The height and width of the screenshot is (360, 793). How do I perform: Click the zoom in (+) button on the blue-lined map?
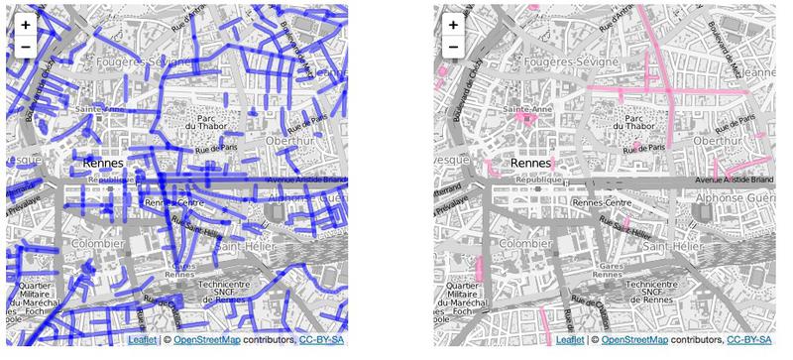(x=25, y=25)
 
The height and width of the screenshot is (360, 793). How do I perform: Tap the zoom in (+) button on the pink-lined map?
(x=453, y=25)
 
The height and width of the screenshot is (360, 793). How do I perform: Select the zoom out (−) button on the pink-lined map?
(x=453, y=47)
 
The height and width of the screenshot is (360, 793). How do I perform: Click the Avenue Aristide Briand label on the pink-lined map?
(x=734, y=180)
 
